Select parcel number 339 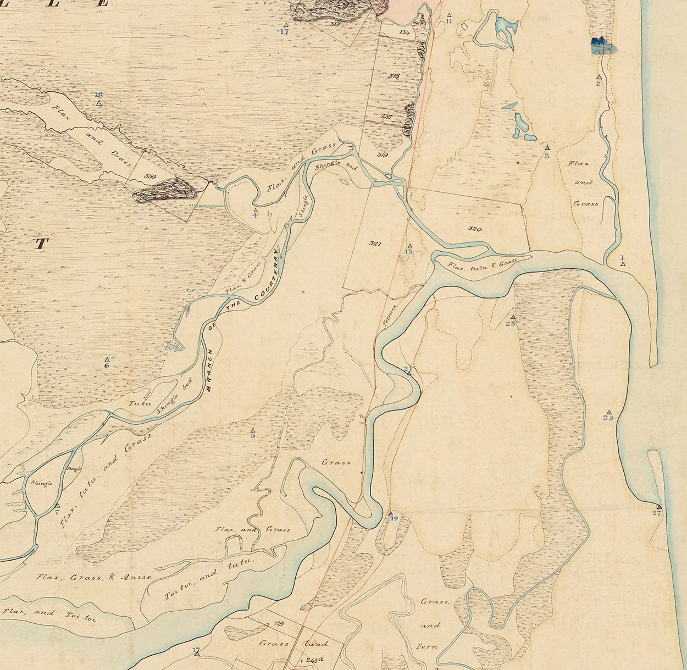[149, 176]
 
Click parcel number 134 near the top [405, 32]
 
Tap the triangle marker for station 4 [255, 209]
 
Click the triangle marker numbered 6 [107, 359]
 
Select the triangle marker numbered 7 [57, 505]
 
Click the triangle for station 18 [99, 103]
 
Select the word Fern [426, 646]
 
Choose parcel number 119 [278, 624]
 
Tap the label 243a [314, 660]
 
